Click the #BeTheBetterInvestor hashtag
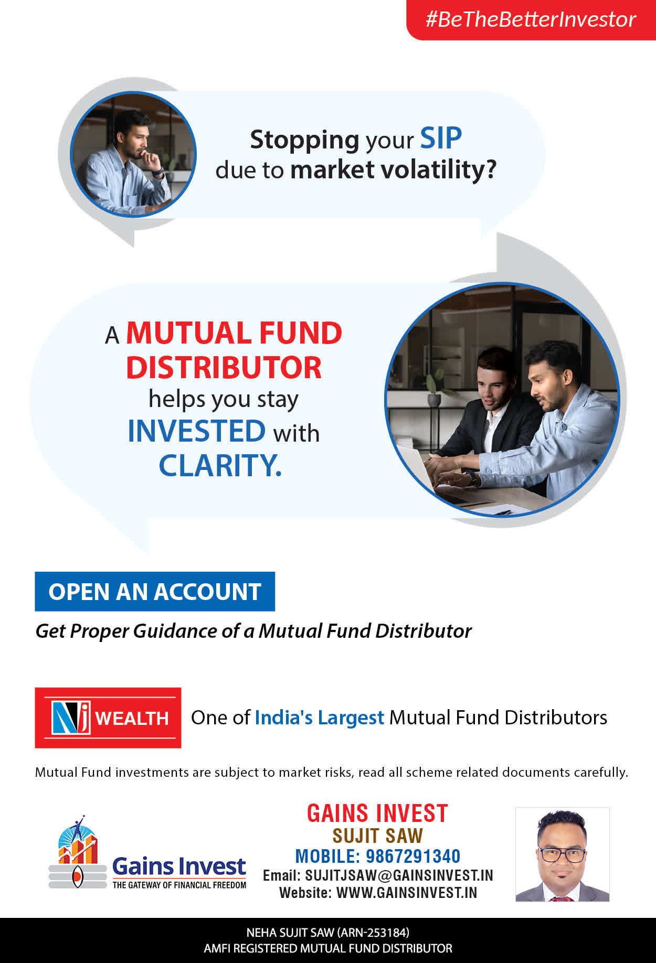(531, 19)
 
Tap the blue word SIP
(441, 138)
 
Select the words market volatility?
(393, 169)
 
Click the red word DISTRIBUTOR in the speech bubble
(224, 367)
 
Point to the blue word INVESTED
(197, 431)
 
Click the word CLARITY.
(220, 465)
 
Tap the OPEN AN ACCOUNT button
(155, 592)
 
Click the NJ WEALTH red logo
(108, 718)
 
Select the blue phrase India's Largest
(320, 718)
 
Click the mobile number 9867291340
(412, 856)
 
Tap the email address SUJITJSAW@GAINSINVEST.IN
(399, 875)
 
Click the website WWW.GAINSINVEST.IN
(407, 893)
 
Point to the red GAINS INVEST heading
(377, 814)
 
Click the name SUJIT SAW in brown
(377, 836)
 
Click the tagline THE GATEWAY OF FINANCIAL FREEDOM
(179, 885)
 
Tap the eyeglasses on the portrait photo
(562, 855)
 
